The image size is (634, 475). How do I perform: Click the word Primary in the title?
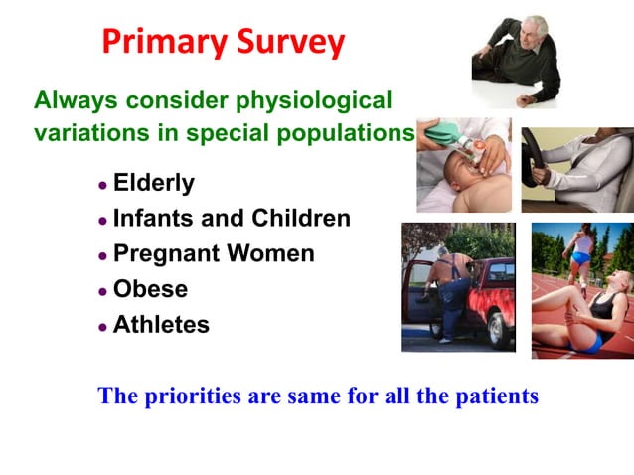pyautogui.click(x=163, y=42)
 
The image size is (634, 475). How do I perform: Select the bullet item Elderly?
pyautogui.click(x=154, y=183)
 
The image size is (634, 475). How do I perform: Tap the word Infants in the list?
pyautogui.click(x=154, y=218)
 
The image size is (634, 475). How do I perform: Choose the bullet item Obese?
pyautogui.click(x=150, y=289)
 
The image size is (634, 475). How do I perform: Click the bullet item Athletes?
pyautogui.click(x=161, y=325)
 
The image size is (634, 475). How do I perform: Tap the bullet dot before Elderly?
pyautogui.click(x=102, y=186)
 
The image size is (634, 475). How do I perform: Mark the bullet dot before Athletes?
pyautogui.click(x=102, y=327)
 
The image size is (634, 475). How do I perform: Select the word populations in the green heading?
pyautogui.click(x=343, y=133)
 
